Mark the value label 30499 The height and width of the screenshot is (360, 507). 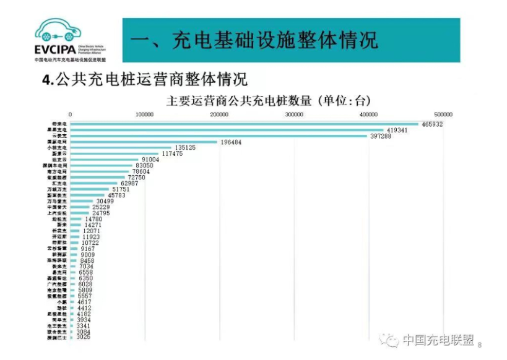coord(108,201)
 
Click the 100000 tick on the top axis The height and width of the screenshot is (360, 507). coord(145,114)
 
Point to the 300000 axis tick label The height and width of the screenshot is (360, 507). coord(294,114)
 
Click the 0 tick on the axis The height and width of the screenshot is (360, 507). coord(71,114)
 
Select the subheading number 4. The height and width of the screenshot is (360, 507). coord(45,80)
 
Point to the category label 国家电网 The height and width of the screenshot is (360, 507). coord(59,142)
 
